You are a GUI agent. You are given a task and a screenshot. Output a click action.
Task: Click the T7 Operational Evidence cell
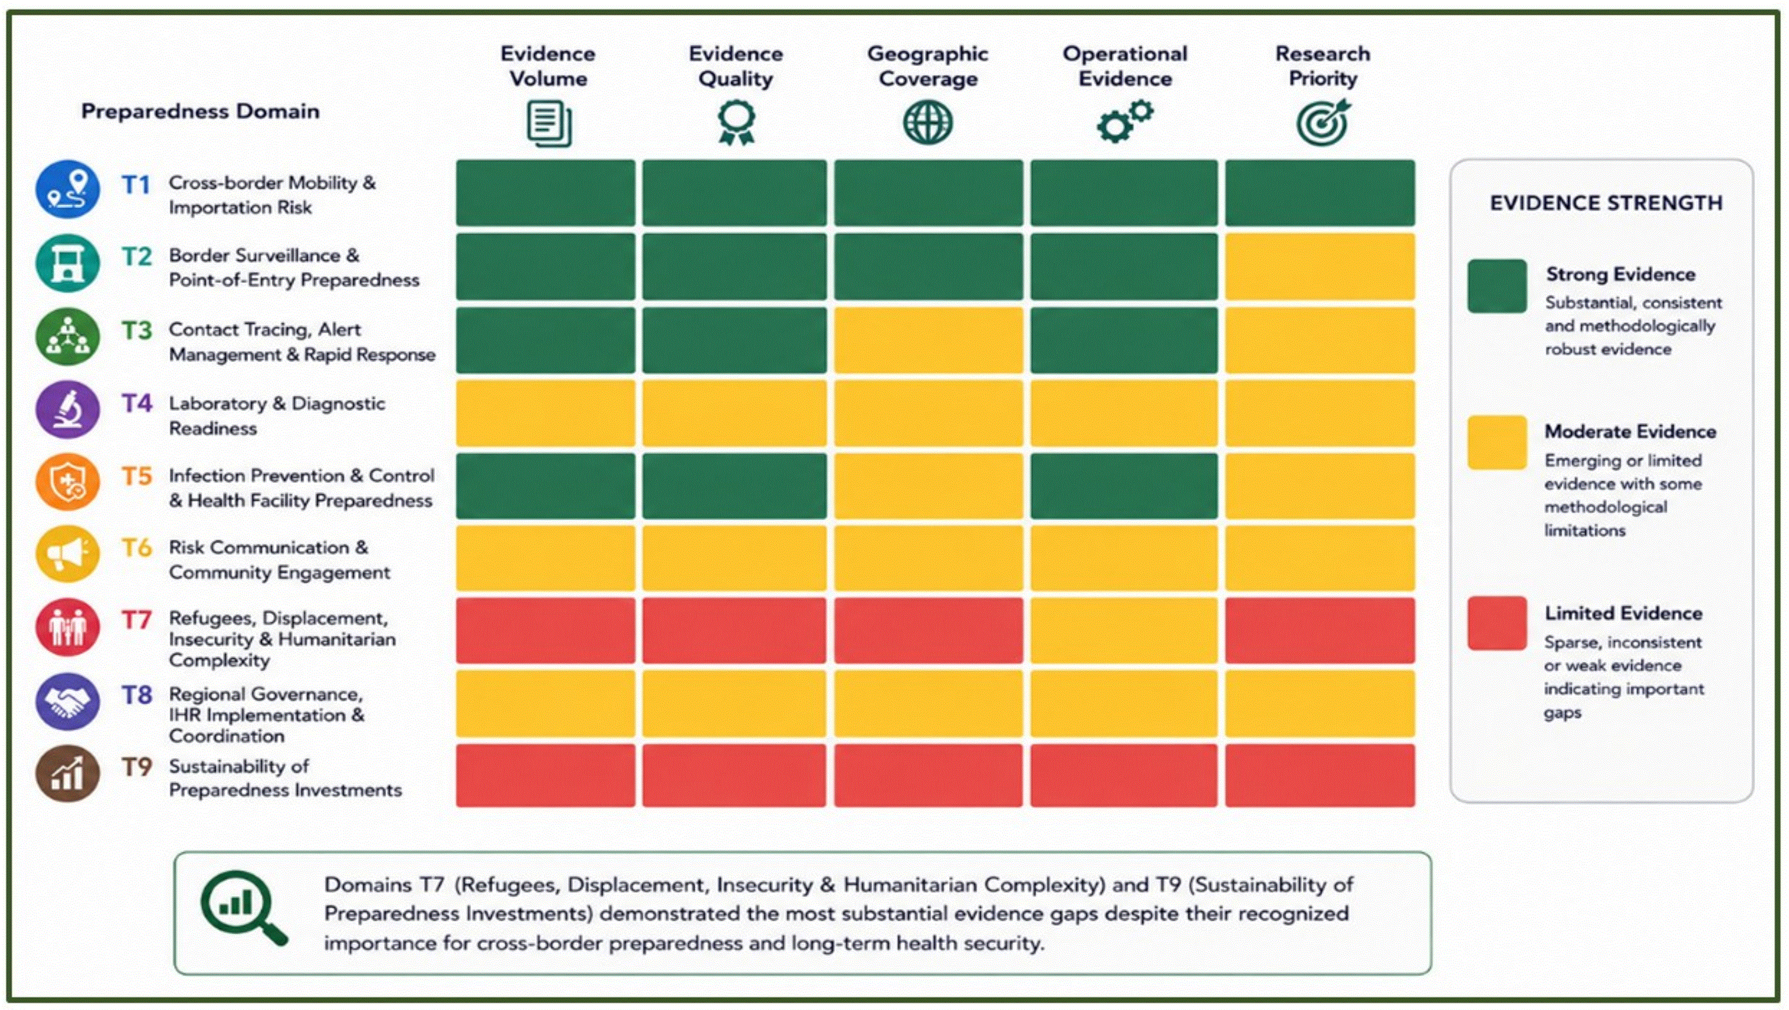tap(1124, 630)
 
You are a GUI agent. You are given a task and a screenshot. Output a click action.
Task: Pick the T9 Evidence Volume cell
tap(545, 775)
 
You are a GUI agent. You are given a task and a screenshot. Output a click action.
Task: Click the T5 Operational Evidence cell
tap(1124, 486)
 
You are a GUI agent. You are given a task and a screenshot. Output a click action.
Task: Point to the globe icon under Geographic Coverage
tap(928, 122)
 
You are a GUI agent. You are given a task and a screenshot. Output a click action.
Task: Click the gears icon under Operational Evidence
tap(1125, 121)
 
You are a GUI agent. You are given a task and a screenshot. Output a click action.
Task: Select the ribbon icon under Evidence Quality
tap(736, 122)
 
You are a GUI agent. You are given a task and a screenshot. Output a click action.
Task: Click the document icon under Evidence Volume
tap(549, 124)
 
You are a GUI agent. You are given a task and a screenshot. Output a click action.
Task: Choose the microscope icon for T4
tap(67, 409)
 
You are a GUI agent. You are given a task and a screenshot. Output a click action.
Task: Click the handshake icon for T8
tap(67, 702)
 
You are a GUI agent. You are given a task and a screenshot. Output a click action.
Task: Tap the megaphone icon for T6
tap(67, 554)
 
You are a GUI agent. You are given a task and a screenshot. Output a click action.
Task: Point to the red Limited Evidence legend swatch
tap(1497, 623)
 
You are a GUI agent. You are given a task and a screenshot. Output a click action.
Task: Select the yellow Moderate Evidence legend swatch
tap(1497, 443)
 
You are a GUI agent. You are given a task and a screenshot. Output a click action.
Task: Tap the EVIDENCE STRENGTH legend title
tap(1606, 203)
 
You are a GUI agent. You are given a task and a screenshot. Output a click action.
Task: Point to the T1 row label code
tap(136, 185)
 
